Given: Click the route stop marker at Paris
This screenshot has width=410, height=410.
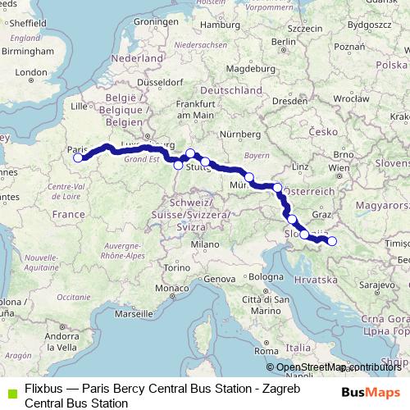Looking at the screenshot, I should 79,158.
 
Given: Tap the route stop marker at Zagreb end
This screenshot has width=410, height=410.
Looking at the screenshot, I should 332,240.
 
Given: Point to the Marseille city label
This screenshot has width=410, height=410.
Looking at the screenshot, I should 134,314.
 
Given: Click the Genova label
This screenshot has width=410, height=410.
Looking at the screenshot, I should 220,280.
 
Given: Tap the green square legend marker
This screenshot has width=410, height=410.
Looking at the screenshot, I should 10,391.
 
